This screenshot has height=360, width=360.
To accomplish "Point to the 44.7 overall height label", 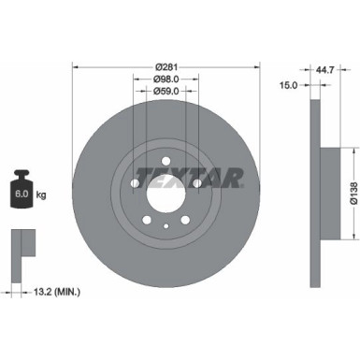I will tap(324, 67).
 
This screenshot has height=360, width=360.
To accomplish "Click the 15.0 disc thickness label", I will tap(288, 84).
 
